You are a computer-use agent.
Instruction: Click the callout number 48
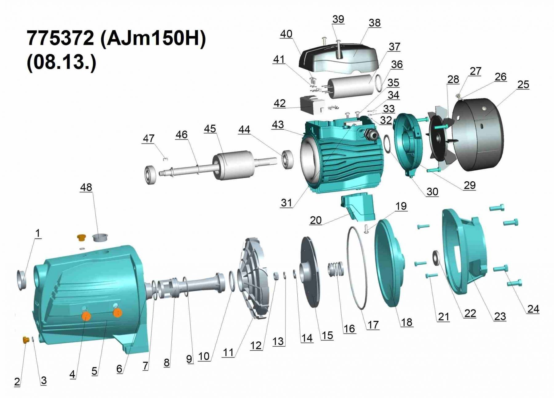86,187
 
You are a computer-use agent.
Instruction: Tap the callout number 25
523,85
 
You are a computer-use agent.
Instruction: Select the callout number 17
373,325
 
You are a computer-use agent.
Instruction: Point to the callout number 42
279,103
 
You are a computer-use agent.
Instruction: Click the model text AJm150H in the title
153,38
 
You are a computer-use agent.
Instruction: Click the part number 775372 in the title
60,38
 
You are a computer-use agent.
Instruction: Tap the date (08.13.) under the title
62,62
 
